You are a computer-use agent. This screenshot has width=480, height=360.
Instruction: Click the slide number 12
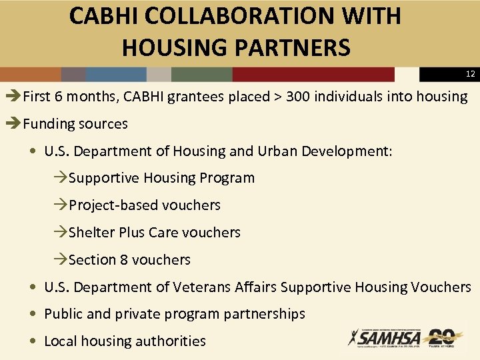(x=471, y=74)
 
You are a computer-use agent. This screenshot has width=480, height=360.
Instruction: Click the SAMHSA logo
(x=383, y=338)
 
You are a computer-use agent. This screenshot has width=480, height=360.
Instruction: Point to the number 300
(x=298, y=97)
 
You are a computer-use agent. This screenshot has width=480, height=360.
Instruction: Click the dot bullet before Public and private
(x=33, y=314)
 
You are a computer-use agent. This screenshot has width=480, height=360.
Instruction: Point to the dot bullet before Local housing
(x=33, y=341)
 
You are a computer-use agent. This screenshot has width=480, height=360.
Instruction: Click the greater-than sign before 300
(x=277, y=97)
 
